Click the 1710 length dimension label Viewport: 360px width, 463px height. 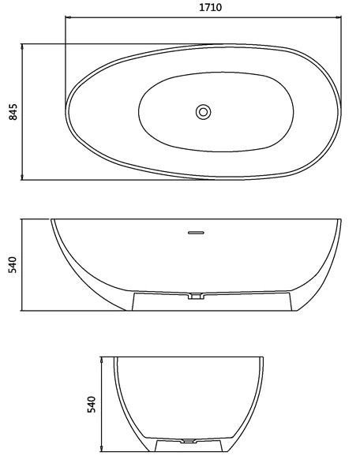click(210, 7)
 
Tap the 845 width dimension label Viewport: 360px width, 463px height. click(13, 112)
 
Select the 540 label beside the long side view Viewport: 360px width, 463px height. click(13, 264)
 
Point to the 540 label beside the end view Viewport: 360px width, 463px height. click(92, 405)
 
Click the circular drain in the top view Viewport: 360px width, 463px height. click(204, 112)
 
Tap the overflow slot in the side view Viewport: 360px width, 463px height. click(196, 233)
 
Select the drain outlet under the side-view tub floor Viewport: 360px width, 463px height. click(196, 296)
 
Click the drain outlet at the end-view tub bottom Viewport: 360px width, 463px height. click(188, 441)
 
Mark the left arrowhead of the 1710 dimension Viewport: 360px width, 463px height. click(67, 17)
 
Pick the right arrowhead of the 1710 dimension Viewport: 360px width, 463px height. click(339, 17)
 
